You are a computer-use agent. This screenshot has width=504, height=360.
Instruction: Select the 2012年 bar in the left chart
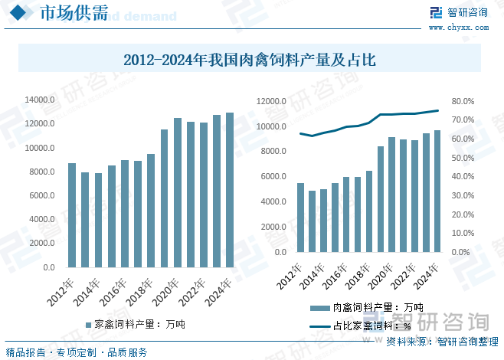tap(72, 215)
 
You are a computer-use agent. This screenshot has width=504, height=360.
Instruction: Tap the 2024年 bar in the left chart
tap(230, 190)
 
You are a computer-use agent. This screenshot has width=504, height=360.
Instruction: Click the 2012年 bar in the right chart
tap(301, 218)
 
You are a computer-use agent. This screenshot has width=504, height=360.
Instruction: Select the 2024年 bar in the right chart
tap(437, 191)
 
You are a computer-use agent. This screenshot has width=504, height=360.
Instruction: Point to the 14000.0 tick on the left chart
tap(38, 100)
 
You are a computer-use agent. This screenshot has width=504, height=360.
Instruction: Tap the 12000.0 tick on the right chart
tap(270, 101)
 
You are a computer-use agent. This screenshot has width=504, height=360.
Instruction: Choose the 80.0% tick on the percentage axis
tap(464, 101)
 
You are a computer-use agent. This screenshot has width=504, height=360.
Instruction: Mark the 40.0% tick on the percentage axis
tap(464, 177)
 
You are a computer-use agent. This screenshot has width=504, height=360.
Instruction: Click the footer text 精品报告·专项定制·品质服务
tap(77, 352)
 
